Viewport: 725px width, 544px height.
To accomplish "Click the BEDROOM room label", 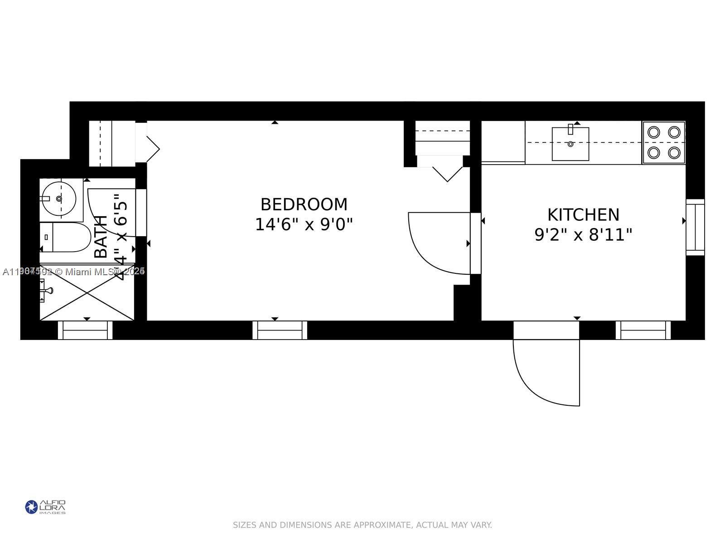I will [304, 204].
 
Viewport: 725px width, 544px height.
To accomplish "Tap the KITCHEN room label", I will [583, 214].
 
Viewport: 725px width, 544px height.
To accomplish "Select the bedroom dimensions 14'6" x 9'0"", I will [304, 224].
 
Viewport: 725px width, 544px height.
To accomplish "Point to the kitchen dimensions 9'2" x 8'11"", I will [583, 235].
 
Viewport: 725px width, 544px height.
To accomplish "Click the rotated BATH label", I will [101, 237].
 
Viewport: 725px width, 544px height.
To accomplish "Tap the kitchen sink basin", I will [570, 144].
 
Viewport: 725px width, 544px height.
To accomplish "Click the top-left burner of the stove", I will [653, 132].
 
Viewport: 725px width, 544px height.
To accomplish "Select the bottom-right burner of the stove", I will [674, 153].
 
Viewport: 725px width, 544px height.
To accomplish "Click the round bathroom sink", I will [58, 199].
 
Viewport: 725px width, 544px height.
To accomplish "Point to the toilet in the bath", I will [68, 237].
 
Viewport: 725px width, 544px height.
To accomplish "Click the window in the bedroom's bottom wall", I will [280, 330].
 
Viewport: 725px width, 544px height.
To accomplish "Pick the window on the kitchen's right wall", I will [695, 227].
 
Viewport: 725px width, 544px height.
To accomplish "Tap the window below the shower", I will [85, 330].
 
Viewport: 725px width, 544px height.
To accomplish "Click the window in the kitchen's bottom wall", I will [643, 330].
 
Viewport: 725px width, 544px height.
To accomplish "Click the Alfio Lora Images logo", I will [45, 507].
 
